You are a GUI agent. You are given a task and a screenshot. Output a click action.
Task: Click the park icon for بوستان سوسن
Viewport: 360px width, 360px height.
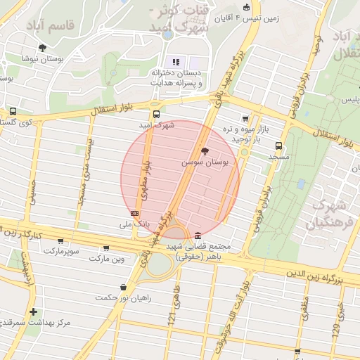pos(205,151)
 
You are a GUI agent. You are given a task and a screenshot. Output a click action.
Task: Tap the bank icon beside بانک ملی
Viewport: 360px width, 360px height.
pos(134,213)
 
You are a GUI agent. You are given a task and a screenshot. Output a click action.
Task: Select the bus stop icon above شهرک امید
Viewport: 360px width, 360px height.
pos(156,113)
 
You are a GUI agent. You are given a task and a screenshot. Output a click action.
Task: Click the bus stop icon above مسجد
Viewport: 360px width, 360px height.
pos(279,146)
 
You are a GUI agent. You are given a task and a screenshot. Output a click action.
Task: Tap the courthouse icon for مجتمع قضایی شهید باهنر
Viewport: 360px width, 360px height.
pos(198,236)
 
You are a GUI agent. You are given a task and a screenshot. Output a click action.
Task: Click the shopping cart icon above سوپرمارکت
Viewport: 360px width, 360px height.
pos(49,240)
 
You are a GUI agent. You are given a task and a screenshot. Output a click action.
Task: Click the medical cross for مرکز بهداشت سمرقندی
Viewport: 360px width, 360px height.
pos(32,311)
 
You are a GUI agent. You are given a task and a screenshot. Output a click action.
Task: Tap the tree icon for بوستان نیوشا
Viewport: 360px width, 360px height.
pos(42,48)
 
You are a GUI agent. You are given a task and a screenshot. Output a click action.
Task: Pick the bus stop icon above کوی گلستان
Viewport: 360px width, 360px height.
pos(13,111)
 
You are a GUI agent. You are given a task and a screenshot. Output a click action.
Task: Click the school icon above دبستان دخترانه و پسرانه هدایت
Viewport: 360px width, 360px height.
pos(176,62)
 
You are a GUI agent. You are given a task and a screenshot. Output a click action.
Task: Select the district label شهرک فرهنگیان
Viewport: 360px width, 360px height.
pos(328,214)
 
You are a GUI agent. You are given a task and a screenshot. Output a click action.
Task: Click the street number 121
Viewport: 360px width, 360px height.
pos(171,319)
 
